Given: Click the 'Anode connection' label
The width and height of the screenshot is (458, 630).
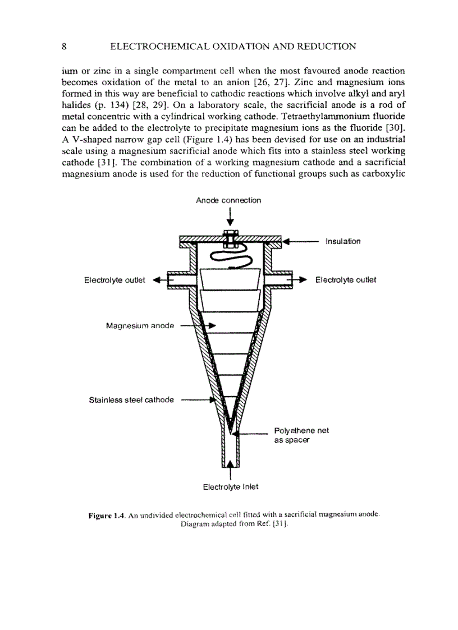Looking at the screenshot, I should click(x=228, y=200).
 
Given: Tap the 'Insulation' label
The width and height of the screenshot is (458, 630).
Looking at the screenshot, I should click(x=342, y=241).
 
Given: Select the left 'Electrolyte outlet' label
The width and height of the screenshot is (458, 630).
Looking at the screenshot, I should click(x=114, y=280).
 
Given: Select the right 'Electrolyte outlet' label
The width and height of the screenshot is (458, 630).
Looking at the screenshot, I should click(x=346, y=280).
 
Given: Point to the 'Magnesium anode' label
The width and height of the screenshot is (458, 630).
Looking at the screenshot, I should click(x=140, y=326).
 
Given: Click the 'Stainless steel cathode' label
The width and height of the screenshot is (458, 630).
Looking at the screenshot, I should click(x=131, y=400).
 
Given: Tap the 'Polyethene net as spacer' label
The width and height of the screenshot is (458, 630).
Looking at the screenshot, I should click(x=301, y=435).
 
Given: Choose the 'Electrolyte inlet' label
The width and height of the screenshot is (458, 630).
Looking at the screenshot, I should click(x=230, y=486).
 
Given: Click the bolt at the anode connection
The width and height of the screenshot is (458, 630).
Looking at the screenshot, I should click(x=230, y=238).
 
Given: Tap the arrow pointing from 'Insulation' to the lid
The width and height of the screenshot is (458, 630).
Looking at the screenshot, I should click(x=300, y=242).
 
